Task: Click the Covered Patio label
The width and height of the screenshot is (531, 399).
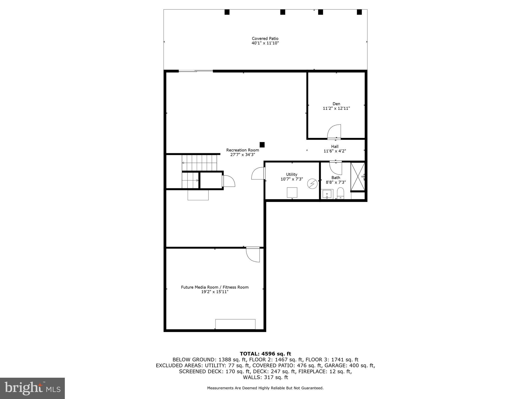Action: (265, 38)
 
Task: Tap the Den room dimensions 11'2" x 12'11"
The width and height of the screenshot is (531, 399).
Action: (336, 108)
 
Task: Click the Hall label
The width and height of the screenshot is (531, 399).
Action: (334, 147)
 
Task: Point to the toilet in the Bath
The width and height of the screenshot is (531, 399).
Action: (340, 193)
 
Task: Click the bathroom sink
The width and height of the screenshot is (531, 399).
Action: (327, 194)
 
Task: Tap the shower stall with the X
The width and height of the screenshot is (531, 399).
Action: (358, 177)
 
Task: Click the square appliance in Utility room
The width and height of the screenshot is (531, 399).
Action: (292, 192)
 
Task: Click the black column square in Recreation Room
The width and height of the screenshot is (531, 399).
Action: (262, 145)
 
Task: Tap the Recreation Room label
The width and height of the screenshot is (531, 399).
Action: (242, 150)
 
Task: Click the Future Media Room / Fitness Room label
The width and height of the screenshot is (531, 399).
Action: (215, 287)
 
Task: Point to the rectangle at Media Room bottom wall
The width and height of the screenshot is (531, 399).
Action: (235, 324)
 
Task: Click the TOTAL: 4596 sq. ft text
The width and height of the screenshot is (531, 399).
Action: (265, 354)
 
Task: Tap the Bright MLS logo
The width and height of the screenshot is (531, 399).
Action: (32, 388)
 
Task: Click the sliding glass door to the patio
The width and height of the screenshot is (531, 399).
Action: (196, 71)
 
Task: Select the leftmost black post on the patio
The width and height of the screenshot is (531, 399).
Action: (227, 12)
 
